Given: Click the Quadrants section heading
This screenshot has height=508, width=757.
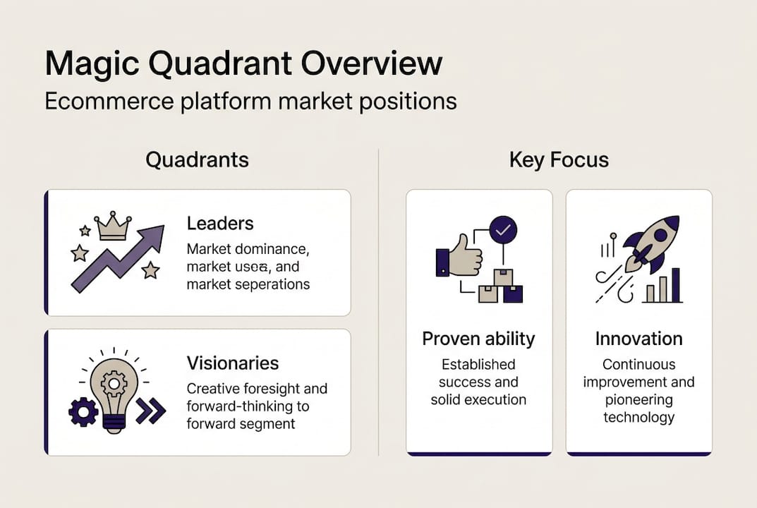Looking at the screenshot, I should (x=197, y=160).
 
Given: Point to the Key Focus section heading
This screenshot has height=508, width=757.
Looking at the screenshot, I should (x=559, y=160).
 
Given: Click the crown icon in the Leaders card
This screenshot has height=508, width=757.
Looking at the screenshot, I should (x=113, y=226).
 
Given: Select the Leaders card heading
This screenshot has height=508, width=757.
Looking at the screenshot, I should (x=220, y=224).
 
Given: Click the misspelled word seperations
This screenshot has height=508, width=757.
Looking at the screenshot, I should (x=272, y=284).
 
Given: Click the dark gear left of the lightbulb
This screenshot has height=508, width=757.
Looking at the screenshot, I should (x=83, y=411).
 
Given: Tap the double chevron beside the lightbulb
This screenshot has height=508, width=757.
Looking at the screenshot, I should (x=150, y=411).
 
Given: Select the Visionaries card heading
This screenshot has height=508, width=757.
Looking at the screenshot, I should (x=233, y=363).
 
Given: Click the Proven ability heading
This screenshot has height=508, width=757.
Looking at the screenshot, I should (x=478, y=339).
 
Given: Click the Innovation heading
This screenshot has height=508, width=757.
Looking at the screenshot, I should (x=638, y=339).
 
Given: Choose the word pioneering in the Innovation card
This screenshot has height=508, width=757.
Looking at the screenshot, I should (x=638, y=399).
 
